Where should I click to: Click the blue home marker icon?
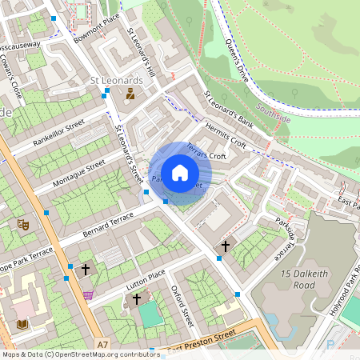pyautogui.click(x=180, y=172)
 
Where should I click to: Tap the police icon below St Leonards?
pyautogui.click(x=129, y=94)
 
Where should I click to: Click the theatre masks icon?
pyautogui.click(x=23, y=225)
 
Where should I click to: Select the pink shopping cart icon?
pyautogui.click(x=88, y=294)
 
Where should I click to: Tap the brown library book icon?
pyautogui.click(x=22, y=324)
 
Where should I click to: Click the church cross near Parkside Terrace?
pyautogui.click(x=226, y=246)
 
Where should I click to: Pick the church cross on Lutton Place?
pyautogui.click(x=137, y=299)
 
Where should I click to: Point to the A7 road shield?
pyautogui.click(x=102, y=345)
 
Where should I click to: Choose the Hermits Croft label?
pyautogui.click(x=227, y=134)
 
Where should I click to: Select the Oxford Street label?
pyautogui.click(x=182, y=307)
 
